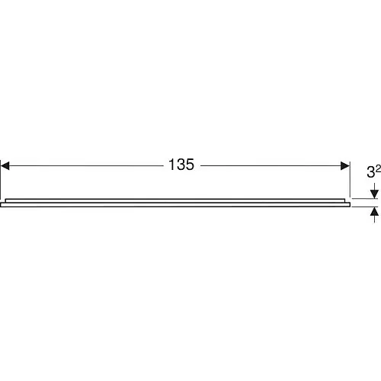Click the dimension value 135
(x=181, y=165)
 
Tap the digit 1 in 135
(x=171, y=165)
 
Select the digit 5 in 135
(x=190, y=165)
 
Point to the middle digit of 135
(x=181, y=165)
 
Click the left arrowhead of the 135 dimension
(x=5, y=166)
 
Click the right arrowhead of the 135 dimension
(x=345, y=166)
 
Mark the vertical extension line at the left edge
(x=1, y=180)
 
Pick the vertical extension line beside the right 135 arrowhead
(x=350, y=179)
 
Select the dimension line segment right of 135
(x=271, y=166)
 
